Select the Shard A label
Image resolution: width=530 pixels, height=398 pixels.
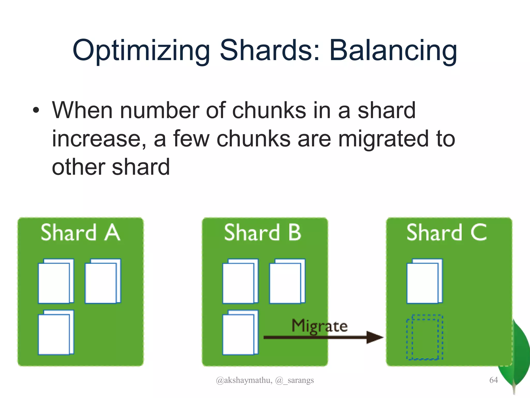tap(80, 232)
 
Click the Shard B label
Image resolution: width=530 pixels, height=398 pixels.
tap(263, 232)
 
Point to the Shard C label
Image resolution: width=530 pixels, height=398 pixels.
tap(446, 232)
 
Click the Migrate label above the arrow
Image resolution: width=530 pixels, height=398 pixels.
tap(320, 326)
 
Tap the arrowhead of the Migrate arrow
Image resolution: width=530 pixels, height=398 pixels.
tap(374, 337)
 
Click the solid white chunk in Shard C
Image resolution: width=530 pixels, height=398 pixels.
tap(424, 281)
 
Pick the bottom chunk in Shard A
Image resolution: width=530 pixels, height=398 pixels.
tap(56, 332)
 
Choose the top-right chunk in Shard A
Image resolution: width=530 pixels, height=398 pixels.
tap(103, 281)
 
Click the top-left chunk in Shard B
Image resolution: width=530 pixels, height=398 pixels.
tap(240, 281)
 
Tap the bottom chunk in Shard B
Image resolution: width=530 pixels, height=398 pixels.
tap(240, 333)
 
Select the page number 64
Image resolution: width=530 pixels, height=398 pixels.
tap(494, 380)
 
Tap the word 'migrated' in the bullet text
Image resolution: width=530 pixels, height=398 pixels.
tap(383, 139)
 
